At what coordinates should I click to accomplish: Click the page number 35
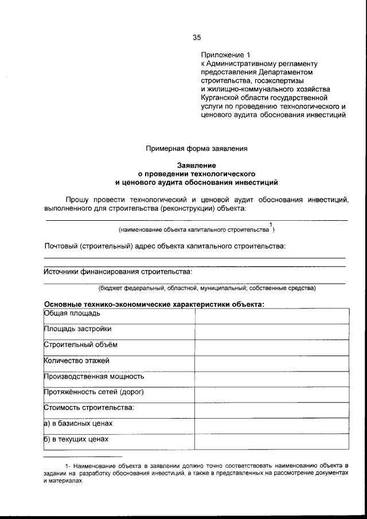pos(197,38)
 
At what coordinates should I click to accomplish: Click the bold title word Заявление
pos(197,165)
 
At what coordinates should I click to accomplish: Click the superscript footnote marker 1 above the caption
pos(271,224)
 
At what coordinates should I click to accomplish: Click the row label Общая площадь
pos(73,313)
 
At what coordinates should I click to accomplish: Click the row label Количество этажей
pos(77,361)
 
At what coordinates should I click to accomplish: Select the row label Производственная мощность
pos(94,377)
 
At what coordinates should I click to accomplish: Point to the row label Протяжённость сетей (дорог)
pos(93,392)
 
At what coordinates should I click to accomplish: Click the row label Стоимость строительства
pos(89,408)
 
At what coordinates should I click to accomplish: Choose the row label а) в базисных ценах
pos(78,424)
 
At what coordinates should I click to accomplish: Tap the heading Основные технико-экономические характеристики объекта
pos(154,304)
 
